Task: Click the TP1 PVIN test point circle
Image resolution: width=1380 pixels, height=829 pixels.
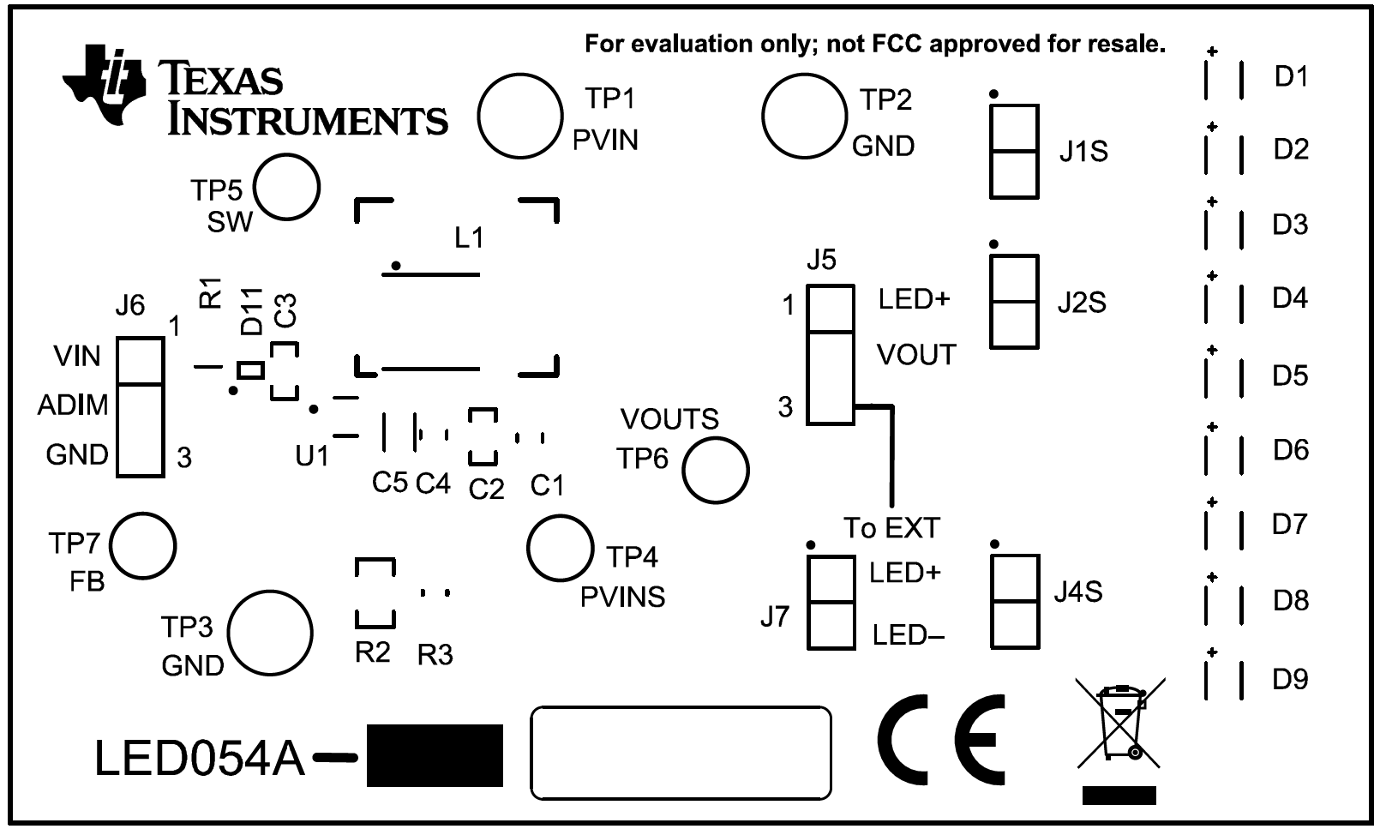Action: (x=520, y=116)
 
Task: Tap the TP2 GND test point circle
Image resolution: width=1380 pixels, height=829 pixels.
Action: (x=805, y=116)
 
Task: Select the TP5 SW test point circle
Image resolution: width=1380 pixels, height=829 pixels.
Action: (x=286, y=187)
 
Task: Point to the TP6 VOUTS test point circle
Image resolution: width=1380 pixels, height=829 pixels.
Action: (x=715, y=471)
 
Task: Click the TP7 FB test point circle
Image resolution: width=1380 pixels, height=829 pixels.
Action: (x=143, y=545)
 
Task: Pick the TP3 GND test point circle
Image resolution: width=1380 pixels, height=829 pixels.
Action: (x=270, y=633)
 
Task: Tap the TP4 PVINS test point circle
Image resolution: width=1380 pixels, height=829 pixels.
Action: (x=560, y=548)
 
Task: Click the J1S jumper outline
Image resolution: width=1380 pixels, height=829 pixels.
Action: (x=1014, y=152)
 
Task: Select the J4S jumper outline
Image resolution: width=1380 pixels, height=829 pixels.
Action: (x=1015, y=602)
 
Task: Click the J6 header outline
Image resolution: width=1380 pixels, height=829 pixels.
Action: (x=141, y=407)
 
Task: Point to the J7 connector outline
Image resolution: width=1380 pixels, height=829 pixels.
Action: (x=831, y=602)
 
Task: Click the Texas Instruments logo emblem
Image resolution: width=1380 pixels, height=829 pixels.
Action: (x=104, y=85)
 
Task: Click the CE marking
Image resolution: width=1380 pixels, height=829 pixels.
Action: (x=941, y=740)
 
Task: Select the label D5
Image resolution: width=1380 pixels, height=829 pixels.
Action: (x=1290, y=375)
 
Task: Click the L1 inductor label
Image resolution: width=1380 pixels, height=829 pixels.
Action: (x=469, y=237)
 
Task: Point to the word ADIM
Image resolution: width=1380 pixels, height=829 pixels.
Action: (x=73, y=405)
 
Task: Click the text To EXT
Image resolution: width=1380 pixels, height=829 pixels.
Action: (x=891, y=527)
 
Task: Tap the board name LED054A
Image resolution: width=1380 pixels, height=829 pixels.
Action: (x=200, y=759)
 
